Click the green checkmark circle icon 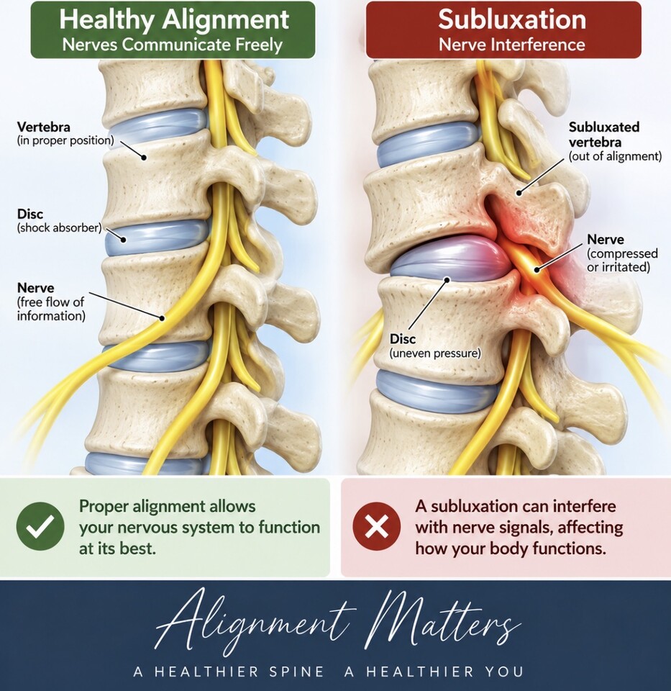[40, 526]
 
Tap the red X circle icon [377, 526]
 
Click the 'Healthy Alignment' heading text [174, 20]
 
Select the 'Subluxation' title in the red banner [512, 19]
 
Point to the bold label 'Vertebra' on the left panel [44, 127]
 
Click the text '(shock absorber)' [60, 228]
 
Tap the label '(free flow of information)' [51, 309]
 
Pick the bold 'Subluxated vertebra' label [604, 135]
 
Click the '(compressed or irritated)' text [623, 261]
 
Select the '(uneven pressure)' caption [435, 353]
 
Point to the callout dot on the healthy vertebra [144, 157]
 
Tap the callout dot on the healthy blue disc [124, 240]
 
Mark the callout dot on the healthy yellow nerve [162, 317]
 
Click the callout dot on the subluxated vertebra [519, 193]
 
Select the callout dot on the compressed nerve [537, 270]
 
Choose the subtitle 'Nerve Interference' [512, 45]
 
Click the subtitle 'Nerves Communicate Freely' [173, 45]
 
